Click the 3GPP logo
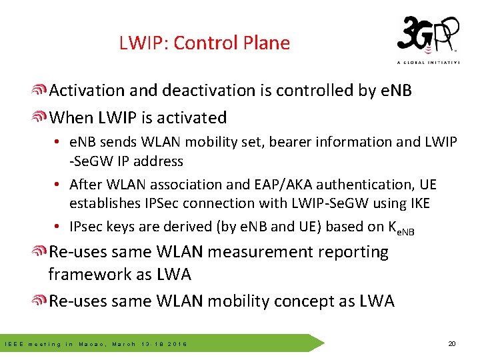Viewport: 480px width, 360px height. (x=427, y=36)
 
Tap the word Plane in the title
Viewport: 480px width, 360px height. (x=265, y=43)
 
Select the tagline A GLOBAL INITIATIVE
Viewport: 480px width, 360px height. (x=428, y=63)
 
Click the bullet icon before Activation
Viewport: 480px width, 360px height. (x=40, y=91)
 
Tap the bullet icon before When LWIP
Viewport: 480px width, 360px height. (x=40, y=118)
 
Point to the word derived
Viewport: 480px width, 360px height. (x=185, y=226)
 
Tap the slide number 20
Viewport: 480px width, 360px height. (x=451, y=344)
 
